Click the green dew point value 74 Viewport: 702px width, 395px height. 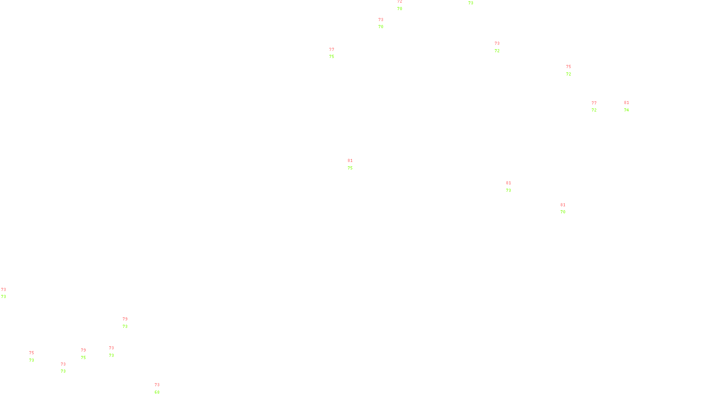tap(627, 110)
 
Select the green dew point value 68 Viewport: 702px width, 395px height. tap(157, 392)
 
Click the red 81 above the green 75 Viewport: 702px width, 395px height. tap(350, 161)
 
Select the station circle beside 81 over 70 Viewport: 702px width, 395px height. tap(567, 208)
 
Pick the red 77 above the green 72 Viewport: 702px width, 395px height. tap(594, 103)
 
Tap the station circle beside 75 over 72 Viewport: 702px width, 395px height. tap(573, 70)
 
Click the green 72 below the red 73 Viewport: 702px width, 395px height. tap(497, 51)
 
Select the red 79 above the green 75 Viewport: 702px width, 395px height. tap(83, 350)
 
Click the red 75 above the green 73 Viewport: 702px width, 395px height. tap(32, 353)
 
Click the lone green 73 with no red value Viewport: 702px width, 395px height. tap(471, 3)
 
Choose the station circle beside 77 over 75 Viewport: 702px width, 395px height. tap(336, 53)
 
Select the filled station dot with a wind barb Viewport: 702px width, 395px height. tap(68, 368)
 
